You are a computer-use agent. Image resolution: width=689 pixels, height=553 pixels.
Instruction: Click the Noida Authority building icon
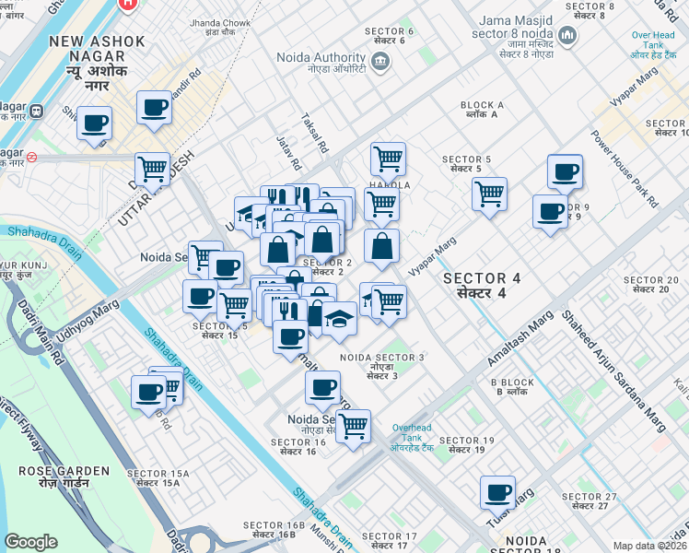click(381, 62)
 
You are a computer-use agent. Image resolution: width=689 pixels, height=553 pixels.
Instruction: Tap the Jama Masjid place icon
click(567, 37)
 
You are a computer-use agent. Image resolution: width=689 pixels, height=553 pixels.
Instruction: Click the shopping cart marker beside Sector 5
click(489, 194)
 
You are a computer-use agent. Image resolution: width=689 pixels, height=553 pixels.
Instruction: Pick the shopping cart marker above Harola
click(388, 159)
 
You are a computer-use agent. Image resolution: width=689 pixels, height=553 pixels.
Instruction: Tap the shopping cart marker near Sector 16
click(353, 427)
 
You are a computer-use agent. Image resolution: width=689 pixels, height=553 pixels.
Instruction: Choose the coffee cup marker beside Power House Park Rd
click(565, 171)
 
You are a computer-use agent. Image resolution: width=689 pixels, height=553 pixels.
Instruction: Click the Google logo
click(30, 541)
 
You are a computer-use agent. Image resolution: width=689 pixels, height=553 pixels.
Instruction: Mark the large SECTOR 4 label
click(474, 285)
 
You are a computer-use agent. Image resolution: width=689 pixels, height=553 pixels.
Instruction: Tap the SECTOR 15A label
click(162, 477)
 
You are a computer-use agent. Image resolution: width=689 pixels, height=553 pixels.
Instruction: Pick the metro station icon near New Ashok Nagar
click(37, 112)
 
